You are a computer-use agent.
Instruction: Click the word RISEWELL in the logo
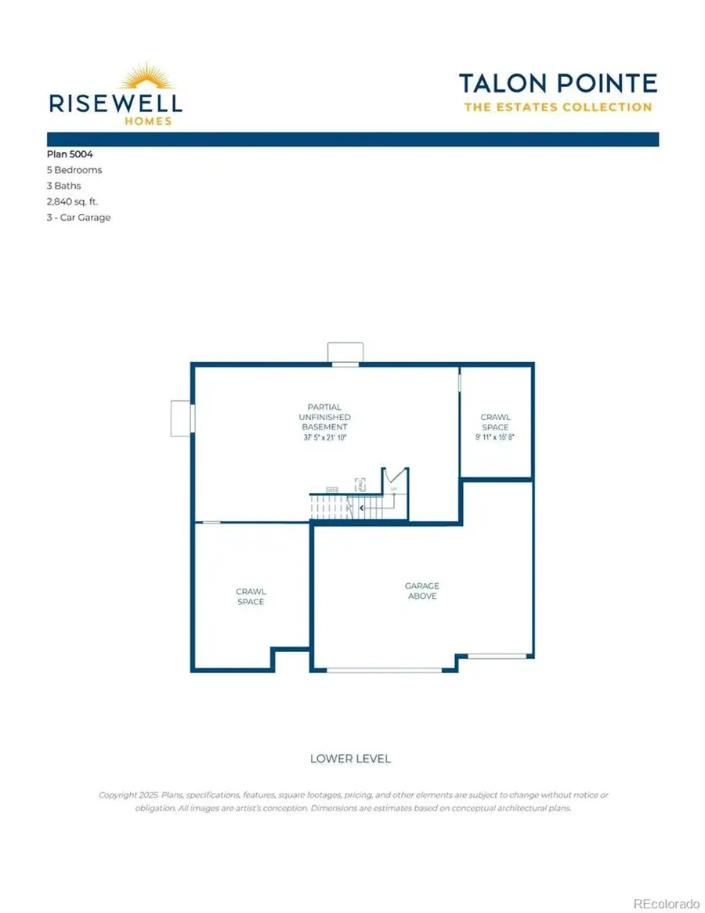(115, 103)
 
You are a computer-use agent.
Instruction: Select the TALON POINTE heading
(557, 82)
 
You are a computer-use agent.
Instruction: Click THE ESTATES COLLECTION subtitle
(558, 107)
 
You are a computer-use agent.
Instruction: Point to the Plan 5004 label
(70, 154)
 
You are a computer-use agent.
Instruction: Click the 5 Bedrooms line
(74, 170)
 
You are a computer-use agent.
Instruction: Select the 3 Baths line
(64, 186)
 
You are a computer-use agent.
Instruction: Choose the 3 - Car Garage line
(79, 217)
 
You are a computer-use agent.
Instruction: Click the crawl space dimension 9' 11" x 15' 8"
(495, 437)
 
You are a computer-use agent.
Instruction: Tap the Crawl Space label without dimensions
(251, 596)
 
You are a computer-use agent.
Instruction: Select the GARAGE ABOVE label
(421, 591)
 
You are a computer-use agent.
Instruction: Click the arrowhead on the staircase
(361, 508)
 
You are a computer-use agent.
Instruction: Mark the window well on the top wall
(344, 353)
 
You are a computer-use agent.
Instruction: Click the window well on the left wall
(181, 418)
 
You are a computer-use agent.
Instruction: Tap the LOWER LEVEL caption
(350, 759)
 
